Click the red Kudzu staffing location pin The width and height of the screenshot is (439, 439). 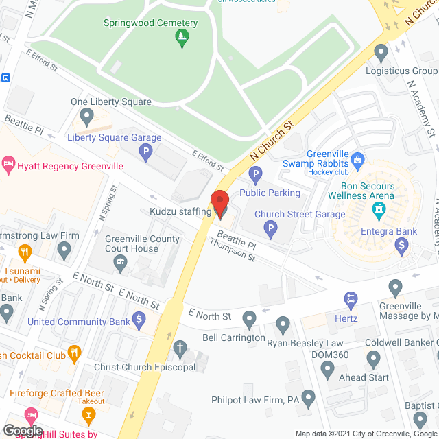click(x=219, y=204)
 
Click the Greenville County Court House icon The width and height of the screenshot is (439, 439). click(x=120, y=261)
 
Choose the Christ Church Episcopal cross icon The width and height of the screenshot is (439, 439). click(x=180, y=349)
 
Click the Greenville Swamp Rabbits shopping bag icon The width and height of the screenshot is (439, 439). click(x=357, y=161)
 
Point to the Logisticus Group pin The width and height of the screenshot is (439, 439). click(x=382, y=52)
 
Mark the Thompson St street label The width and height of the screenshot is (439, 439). click(x=232, y=251)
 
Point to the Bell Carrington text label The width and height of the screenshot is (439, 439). click(x=233, y=338)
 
